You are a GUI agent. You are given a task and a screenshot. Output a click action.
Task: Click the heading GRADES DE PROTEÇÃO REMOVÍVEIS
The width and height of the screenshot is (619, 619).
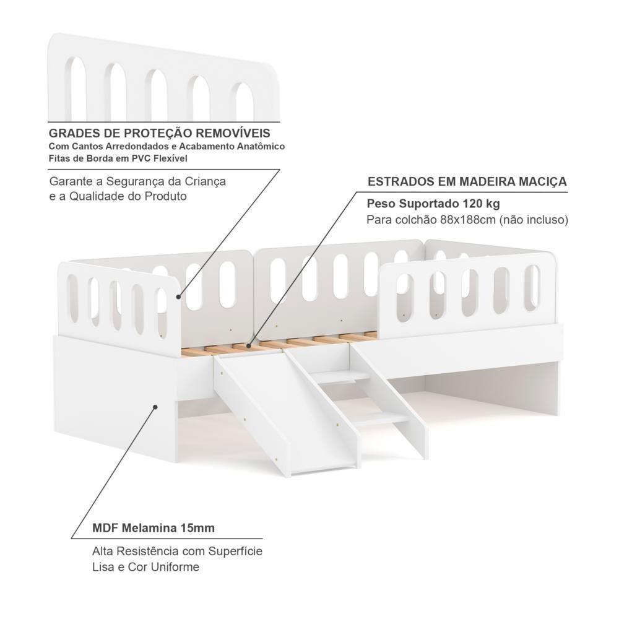(x=159, y=134)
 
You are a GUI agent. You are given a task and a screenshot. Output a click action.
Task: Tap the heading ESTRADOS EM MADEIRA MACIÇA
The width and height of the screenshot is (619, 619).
(x=467, y=181)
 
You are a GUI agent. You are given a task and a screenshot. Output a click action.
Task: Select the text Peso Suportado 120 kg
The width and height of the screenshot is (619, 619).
(x=433, y=203)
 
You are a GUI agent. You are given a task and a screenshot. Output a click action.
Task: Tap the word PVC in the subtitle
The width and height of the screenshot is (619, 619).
(x=136, y=159)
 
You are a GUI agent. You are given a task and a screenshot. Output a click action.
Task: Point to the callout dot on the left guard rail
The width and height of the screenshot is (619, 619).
(x=178, y=297)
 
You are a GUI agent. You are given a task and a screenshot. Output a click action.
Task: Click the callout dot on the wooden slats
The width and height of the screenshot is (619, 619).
(x=249, y=344)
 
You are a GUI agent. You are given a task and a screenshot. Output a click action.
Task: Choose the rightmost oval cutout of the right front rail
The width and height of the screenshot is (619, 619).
(x=532, y=286)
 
